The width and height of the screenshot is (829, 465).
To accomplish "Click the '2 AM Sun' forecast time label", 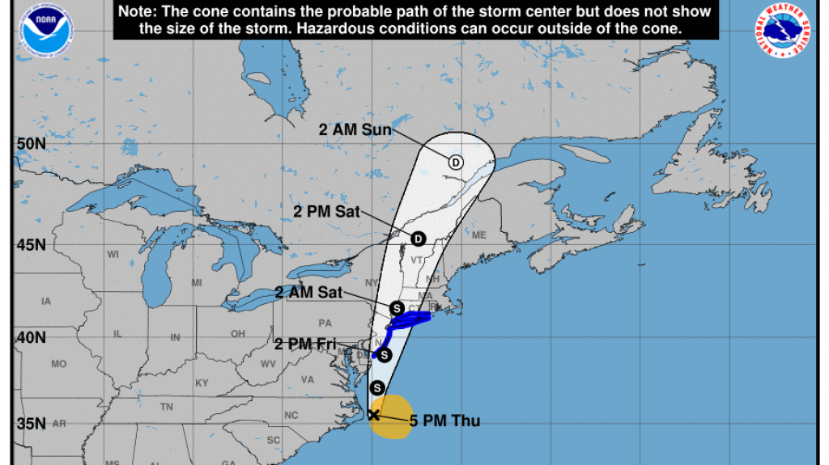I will (355, 129).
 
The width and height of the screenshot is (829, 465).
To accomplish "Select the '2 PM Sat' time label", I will (325, 210).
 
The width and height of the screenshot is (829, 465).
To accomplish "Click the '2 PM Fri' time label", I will (304, 345).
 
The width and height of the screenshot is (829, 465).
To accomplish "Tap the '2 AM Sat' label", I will (308, 293).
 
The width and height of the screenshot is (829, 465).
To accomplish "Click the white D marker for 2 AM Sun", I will (456, 162).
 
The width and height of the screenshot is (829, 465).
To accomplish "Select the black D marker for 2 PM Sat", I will (418, 239).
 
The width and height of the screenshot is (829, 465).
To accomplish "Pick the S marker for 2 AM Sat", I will (397, 308).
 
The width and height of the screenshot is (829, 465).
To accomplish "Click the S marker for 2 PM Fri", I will (385, 355).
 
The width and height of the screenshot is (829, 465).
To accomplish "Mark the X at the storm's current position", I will (373, 415).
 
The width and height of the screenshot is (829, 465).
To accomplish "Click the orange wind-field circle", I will (391, 416).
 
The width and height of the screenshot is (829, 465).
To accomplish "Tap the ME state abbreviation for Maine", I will (479, 235).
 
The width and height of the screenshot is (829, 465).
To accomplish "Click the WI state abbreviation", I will (113, 255).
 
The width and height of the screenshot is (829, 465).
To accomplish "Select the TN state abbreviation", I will (167, 407).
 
